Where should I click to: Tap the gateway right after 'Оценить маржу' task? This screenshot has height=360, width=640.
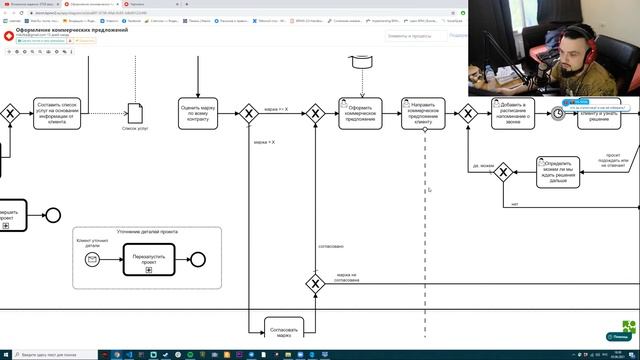pos(250,113)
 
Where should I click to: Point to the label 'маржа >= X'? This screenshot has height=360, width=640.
pos(275,108)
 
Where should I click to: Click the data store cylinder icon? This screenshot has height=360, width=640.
pos(360,63)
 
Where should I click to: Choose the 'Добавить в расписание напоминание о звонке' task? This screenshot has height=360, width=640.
pos(516,113)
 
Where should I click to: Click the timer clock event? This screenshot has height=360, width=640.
pos(558,113)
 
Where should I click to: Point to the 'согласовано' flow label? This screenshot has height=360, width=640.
pos(331,245)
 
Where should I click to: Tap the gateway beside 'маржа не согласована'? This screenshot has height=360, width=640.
pos(315,283)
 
